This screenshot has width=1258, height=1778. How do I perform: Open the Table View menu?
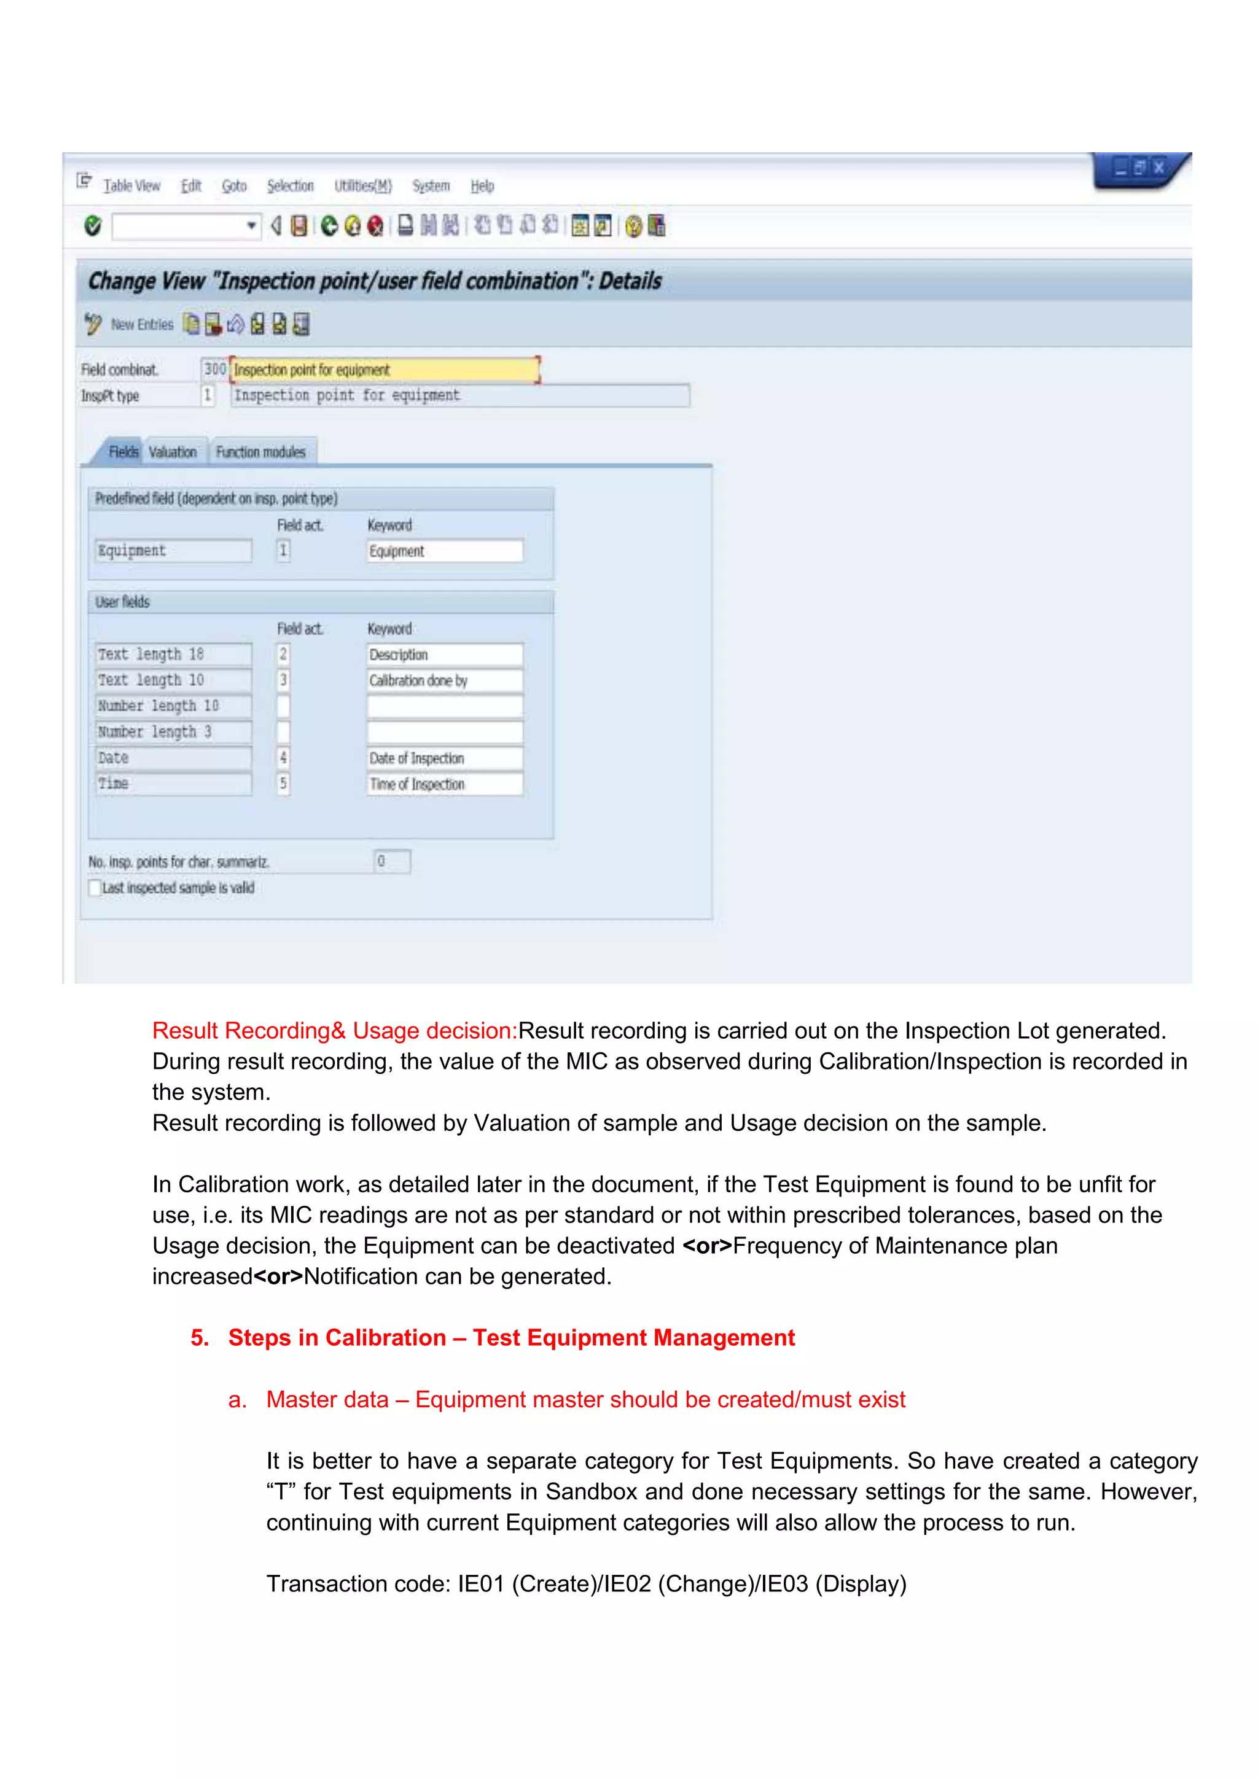[x=131, y=186]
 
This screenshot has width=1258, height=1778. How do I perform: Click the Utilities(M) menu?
[x=362, y=186]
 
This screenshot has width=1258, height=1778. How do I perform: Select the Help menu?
[x=482, y=186]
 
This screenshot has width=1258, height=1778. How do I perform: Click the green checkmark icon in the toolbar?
[x=93, y=225]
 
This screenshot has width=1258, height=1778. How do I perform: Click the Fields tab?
[x=122, y=451]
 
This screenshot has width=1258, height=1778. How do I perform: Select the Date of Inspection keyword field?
[x=444, y=758]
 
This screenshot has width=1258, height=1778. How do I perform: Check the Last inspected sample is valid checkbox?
[x=95, y=887]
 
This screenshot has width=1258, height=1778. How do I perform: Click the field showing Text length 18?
[x=173, y=654]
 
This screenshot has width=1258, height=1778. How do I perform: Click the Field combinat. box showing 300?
[x=214, y=370]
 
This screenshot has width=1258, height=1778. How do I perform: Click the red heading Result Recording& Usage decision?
[x=334, y=1031]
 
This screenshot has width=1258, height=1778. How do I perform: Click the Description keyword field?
[x=444, y=655]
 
